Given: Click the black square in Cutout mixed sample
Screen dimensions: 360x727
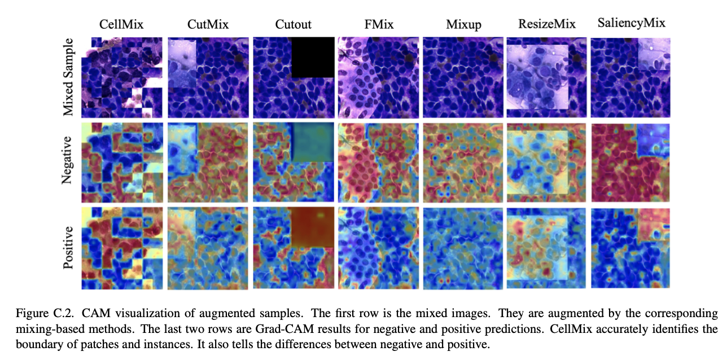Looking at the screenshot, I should click(x=313, y=56).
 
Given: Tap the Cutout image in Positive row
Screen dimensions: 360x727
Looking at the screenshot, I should click(x=292, y=248).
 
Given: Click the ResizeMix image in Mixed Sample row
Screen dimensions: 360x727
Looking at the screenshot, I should click(x=546, y=77).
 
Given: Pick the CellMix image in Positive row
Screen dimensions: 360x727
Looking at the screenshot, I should click(x=122, y=248).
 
